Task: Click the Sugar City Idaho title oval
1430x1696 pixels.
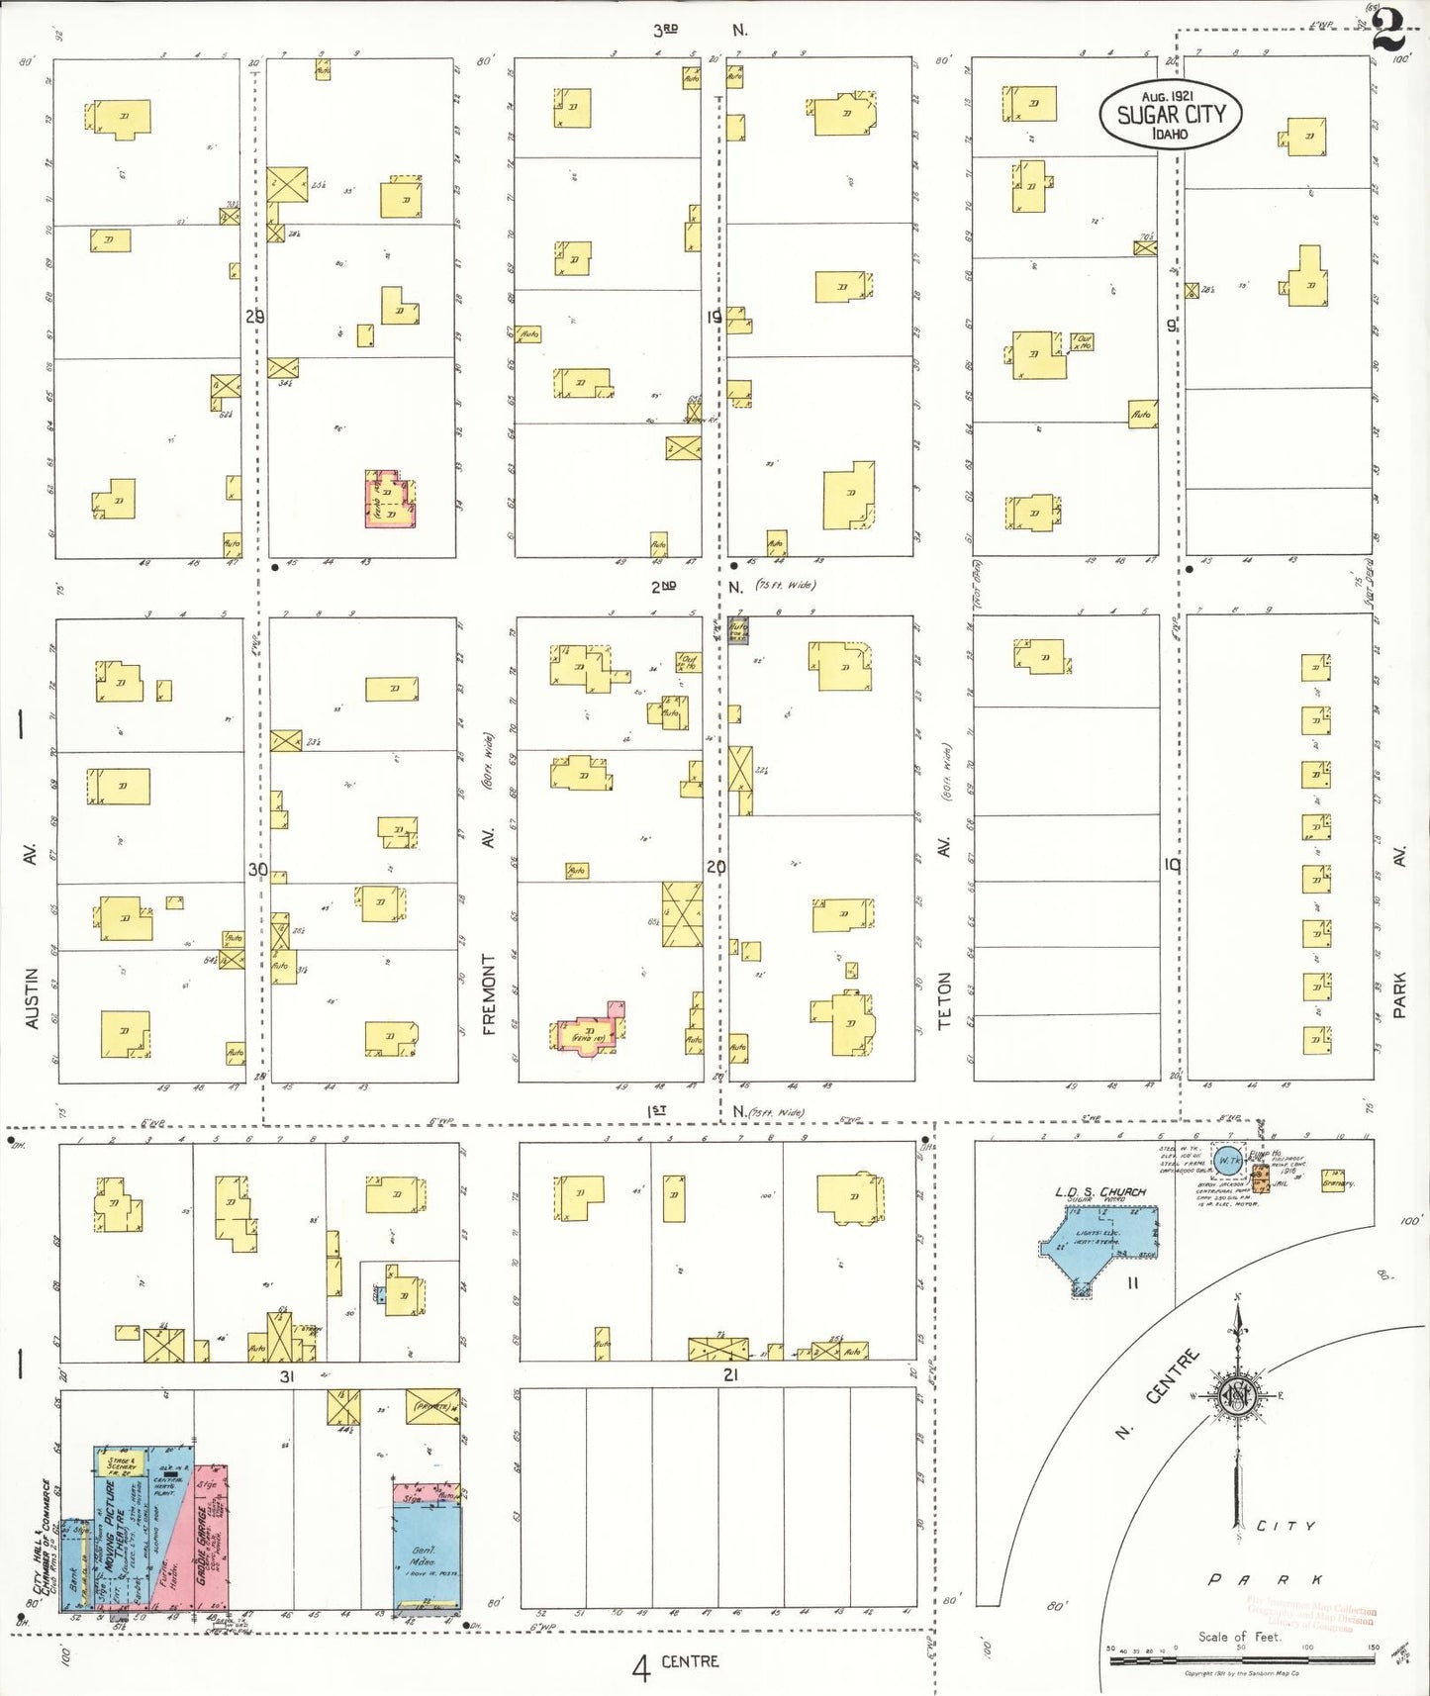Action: [1170, 114]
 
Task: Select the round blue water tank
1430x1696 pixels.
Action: [1227, 1161]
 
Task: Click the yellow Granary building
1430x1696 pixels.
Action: [1336, 1180]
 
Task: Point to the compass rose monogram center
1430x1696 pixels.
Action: [1237, 1396]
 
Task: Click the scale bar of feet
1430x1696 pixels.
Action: [1241, 1660]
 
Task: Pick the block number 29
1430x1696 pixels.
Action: [254, 317]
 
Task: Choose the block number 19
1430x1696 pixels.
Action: [715, 318]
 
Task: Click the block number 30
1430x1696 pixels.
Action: [257, 870]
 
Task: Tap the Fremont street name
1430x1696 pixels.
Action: [488, 993]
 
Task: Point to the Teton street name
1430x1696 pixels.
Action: [944, 999]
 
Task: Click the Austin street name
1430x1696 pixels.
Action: [32, 997]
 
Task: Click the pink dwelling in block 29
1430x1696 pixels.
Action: [390, 500]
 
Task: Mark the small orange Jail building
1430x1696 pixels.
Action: [1260, 1178]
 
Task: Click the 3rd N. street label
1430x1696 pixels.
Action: [699, 30]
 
